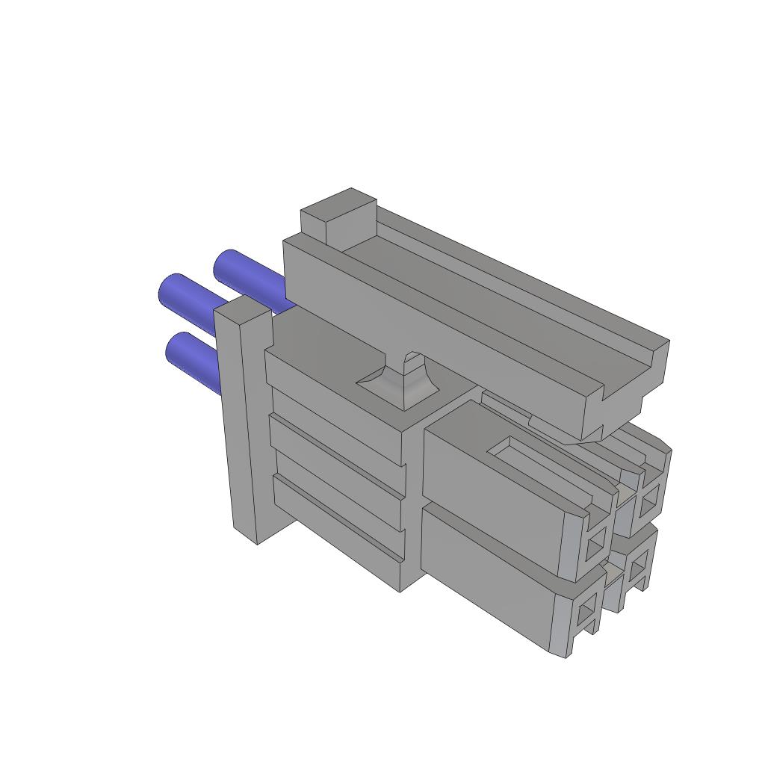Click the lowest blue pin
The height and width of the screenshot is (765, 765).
tap(193, 361)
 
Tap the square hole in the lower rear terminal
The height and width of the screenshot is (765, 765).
tap(637, 572)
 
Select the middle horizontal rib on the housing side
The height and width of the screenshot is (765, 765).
tap(336, 471)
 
